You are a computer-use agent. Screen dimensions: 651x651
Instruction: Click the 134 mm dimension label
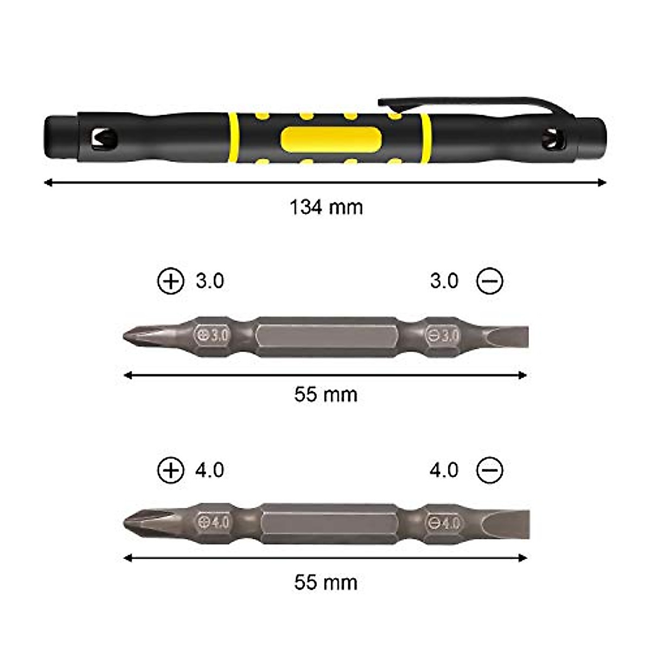[326, 207]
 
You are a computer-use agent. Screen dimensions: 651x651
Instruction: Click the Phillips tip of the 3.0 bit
[133, 336]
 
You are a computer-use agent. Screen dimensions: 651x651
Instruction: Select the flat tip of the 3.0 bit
[510, 336]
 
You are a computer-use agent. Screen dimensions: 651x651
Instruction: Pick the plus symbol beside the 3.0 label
[171, 281]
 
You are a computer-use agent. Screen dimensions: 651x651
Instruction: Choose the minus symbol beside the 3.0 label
[489, 281]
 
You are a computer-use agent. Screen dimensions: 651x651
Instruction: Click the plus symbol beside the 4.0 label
[171, 470]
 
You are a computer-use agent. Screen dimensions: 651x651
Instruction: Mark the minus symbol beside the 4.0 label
[489, 470]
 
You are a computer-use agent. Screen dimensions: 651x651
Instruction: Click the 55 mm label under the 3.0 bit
[326, 394]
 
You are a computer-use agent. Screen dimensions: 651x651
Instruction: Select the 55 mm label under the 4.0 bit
[326, 583]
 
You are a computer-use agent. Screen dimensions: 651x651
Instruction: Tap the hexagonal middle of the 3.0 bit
[327, 337]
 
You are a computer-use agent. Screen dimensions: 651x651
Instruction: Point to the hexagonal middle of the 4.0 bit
[330, 523]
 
